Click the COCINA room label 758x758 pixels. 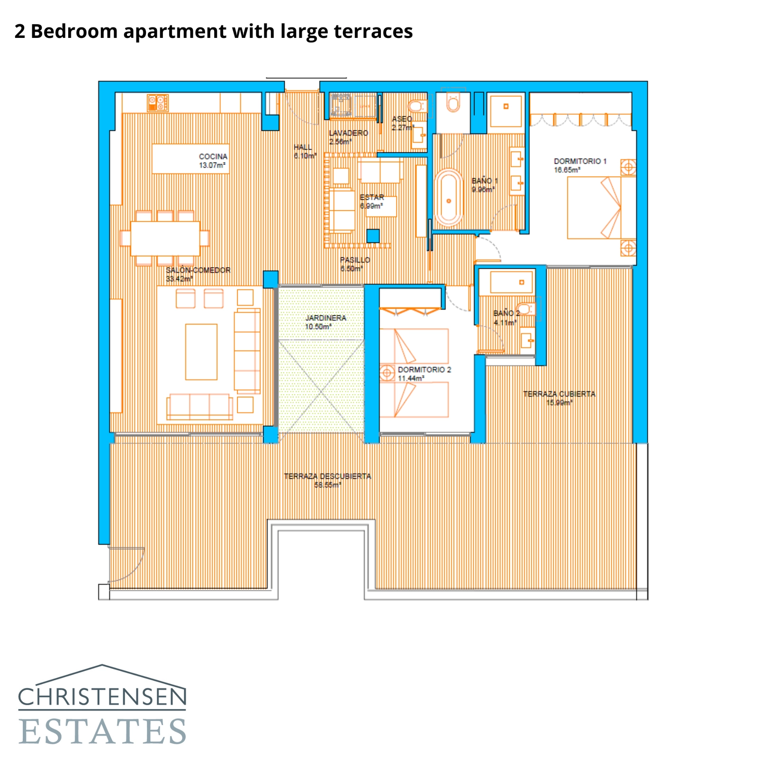coord(213,156)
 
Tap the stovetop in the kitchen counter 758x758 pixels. coord(157,103)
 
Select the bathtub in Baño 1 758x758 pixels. coord(448,197)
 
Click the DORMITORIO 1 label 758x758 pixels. coord(580,161)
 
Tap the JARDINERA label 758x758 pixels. coord(325,318)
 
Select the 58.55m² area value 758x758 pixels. coord(327,485)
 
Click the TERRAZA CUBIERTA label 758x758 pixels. coord(559,394)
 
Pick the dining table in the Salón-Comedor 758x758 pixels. coord(165,238)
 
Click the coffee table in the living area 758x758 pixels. coord(201,352)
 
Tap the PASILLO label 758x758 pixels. coord(355,260)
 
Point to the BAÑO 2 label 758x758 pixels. coord(506,313)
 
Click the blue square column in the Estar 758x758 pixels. coord(373,235)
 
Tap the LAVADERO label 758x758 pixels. coord(348,133)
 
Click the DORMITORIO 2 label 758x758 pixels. coord(424,370)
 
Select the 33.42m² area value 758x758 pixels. coord(179,279)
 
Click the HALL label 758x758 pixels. coord(302,147)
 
